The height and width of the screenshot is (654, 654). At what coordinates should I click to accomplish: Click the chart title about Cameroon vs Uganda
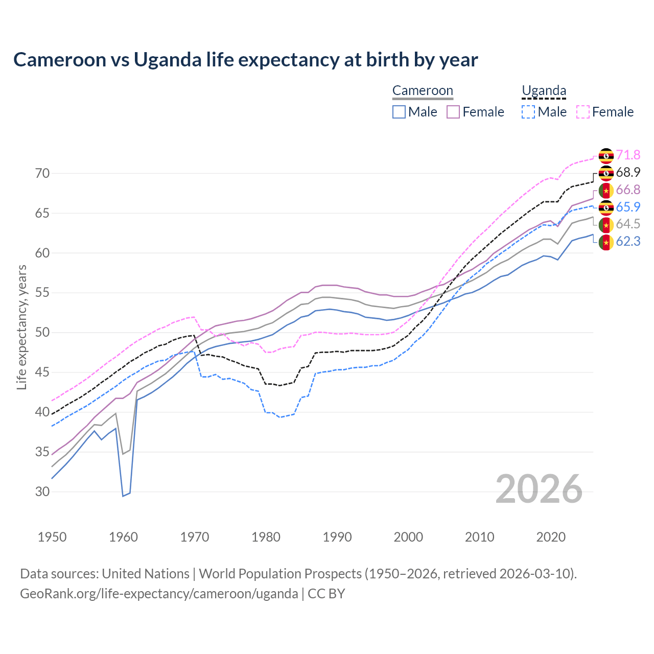tap(245, 60)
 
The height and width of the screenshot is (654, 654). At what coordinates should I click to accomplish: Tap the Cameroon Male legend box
tap(399, 112)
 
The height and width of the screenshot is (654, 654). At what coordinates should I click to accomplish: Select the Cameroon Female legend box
tap(453, 112)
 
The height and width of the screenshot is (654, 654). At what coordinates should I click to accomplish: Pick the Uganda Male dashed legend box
tap(528, 112)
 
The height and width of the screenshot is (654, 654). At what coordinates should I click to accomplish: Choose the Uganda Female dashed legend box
tap(583, 112)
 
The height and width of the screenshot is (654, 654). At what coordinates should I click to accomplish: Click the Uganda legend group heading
tap(544, 91)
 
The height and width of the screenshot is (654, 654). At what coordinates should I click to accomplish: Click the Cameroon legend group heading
tap(423, 91)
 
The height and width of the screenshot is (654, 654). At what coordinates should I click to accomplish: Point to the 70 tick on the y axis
tap(42, 174)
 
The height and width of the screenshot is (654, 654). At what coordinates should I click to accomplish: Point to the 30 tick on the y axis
tap(42, 492)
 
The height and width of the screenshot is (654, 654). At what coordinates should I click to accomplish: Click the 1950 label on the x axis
tap(52, 537)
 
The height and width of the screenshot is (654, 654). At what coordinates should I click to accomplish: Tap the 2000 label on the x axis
tap(408, 537)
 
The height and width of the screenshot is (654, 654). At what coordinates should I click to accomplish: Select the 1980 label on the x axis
tap(266, 537)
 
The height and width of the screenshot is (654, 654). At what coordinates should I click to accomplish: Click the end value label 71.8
tap(628, 155)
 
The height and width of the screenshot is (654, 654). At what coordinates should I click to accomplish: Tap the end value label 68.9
tap(628, 173)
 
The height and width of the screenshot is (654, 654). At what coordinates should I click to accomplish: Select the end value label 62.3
tap(628, 242)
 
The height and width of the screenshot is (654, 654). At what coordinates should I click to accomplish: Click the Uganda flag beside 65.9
tap(606, 207)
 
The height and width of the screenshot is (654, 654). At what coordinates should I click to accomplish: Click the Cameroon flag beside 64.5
tap(606, 225)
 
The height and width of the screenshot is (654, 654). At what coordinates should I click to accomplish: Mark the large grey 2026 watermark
tap(539, 489)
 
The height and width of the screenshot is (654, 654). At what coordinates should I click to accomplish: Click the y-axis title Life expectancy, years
tap(22, 327)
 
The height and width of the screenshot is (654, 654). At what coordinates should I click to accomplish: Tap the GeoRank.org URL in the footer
tap(159, 594)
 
